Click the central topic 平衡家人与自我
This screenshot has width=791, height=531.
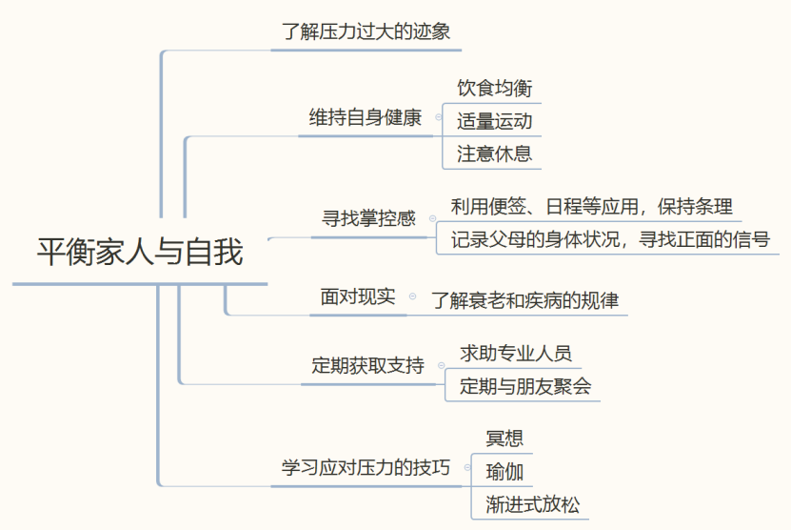click(x=140, y=251)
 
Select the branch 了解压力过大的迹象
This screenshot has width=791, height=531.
click(x=366, y=31)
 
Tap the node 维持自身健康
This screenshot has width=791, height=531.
click(x=366, y=117)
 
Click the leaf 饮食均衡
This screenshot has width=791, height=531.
click(x=494, y=88)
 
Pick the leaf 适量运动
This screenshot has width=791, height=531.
click(x=494, y=121)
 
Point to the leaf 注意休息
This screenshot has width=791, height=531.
click(x=494, y=154)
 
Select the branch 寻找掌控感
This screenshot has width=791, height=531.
click(x=368, y=218)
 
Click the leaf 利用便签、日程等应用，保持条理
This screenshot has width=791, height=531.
click(x=591, y=207)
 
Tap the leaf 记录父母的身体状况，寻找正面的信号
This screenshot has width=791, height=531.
click(x=610, y=239)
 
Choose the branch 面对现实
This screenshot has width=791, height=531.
click(x=358, y=296)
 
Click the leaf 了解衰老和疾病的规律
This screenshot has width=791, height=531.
click(x=524, y=300)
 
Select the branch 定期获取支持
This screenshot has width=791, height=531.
click(x=367, y=365)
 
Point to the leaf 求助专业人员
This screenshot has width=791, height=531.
click(x=516, y=354)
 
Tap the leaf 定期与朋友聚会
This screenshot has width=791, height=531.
click(x=525, y=386)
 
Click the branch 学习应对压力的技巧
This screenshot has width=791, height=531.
click(x=366, y=467)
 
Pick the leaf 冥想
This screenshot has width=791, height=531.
click(x=504, y=439)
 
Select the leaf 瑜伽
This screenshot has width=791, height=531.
click(x=504, y=472)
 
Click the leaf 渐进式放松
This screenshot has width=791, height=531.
click(x=533, y=504)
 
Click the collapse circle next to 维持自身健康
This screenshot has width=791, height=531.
click(x=439, y=117)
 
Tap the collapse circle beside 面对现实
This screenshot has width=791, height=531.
click(x=413, y=296)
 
